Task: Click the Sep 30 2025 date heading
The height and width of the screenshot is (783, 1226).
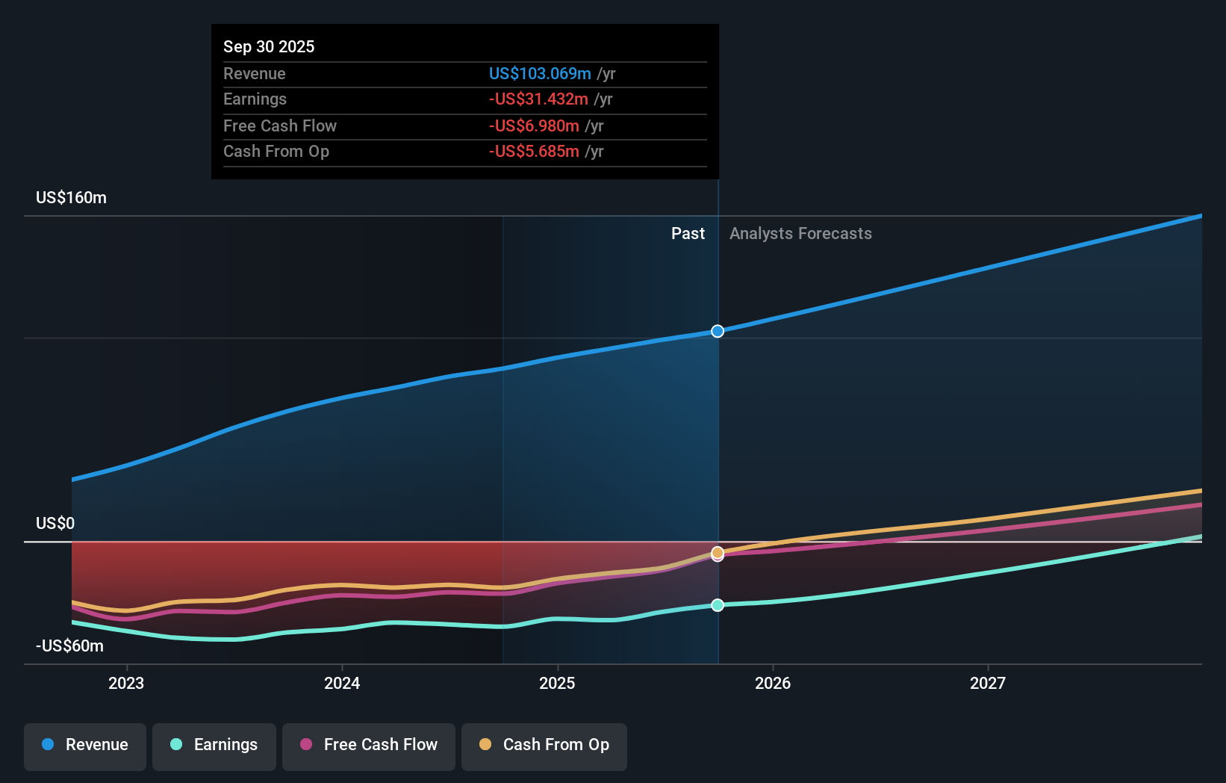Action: click(269, 46)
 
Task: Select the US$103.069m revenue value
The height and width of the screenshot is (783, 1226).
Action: click(540, 73)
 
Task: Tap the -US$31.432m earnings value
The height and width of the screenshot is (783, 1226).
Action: click(538, 99)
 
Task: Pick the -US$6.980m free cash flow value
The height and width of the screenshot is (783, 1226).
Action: click(534, 126)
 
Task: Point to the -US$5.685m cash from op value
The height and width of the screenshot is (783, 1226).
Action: click(534, 151)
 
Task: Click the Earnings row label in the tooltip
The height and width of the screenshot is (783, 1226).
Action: click(255, 99)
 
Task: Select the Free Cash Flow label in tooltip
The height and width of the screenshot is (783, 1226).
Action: click(280, 126)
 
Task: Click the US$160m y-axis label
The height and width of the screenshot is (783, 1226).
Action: click(71, 197)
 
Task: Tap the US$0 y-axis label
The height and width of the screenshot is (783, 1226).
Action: click(55, 523)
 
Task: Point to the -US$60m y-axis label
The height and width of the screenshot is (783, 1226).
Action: click(69, 646)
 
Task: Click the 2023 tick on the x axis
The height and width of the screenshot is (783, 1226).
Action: click(126, 683)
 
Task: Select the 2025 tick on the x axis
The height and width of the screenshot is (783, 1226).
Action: click(557, 683)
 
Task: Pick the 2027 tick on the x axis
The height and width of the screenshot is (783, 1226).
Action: click(987, 683)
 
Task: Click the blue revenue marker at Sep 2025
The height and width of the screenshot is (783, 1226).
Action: click(718, 331)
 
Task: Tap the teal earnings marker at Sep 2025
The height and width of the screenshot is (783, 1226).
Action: click(718, 605)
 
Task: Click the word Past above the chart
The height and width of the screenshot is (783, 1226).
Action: click(688, 233)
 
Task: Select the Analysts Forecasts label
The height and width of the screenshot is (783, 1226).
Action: click(800, 233)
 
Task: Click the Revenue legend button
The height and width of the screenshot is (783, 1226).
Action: click(85, 745)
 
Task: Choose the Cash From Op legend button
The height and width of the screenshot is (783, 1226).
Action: click(544, 745)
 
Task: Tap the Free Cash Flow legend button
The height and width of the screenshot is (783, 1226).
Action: click(369, 745)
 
